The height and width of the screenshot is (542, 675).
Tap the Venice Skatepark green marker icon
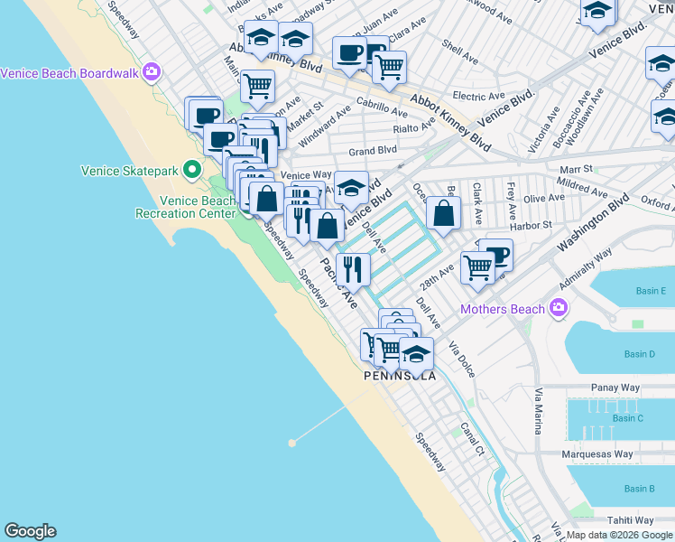(191, 169)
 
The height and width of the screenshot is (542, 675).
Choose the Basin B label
(639, 489)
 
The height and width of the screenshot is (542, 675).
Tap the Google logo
(30, 531)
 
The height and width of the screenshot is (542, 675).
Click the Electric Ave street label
(478, 96)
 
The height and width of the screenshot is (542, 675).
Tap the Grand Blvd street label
(373, 150)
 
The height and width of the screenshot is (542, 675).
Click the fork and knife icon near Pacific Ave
(354, 268)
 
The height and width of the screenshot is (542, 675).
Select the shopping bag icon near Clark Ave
(443, 213)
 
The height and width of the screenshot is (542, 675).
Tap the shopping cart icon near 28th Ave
(477, 266)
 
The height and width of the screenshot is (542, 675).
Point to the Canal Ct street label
(472, 437)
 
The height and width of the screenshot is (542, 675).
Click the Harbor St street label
(534, 225)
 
